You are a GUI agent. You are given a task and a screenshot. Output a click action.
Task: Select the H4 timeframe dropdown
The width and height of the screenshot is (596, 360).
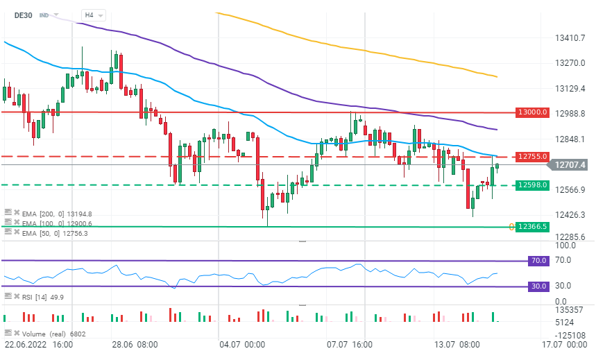coord(92,15)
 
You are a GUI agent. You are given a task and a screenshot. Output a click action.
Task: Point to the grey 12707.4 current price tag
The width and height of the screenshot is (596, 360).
coord(570,164)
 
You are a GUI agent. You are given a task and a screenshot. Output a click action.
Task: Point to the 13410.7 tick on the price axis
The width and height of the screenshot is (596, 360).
coord(571,37)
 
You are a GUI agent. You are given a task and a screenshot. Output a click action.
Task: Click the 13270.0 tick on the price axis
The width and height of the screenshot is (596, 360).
coord(571,63)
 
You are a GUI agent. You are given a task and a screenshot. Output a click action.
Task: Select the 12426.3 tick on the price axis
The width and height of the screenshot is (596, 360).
coord(571,215)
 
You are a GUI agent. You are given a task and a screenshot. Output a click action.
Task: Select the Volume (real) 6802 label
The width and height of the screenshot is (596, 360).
coord(45,334)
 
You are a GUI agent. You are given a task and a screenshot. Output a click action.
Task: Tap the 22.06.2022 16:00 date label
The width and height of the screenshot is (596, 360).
coord(39,344)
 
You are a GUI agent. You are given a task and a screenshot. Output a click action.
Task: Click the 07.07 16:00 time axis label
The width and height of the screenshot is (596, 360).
coord(350,344)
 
